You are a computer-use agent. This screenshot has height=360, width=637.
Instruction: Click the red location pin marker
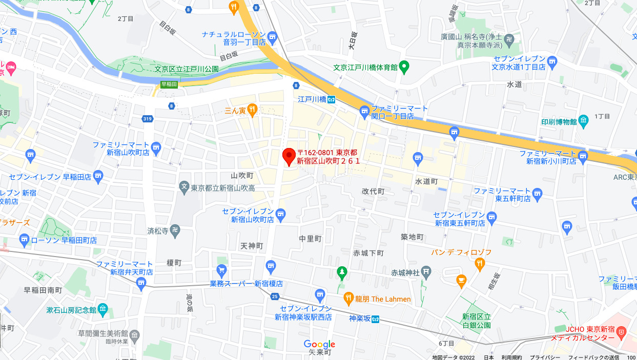coord(289,155)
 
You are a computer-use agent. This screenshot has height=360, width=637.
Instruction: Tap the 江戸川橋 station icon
coord(332,99)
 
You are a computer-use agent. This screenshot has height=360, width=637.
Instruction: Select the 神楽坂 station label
coord(359,319)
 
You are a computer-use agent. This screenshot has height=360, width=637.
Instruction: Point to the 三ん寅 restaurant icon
coord(252,109)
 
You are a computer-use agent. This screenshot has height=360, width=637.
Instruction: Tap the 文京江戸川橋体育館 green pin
coord(404,66)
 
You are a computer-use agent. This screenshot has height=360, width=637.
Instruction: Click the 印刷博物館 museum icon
coord(584,121)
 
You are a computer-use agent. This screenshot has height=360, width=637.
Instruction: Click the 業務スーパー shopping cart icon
coord(222,269)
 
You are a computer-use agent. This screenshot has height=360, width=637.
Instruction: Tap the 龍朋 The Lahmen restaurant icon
coord(348,298)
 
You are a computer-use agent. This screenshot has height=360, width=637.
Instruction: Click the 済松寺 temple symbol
coord(175,230)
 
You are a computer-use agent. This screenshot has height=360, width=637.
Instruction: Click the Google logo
coord(319,344)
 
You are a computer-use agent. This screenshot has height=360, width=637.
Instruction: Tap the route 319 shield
coord(148,119)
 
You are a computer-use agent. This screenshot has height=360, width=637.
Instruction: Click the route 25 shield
coord(275,296)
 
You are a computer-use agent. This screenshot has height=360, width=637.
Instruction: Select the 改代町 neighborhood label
coord(373,191)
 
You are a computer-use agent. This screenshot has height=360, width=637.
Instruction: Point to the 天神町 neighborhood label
coord(251,246)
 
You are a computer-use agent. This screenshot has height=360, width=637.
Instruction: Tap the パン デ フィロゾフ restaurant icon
coord(480,264)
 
